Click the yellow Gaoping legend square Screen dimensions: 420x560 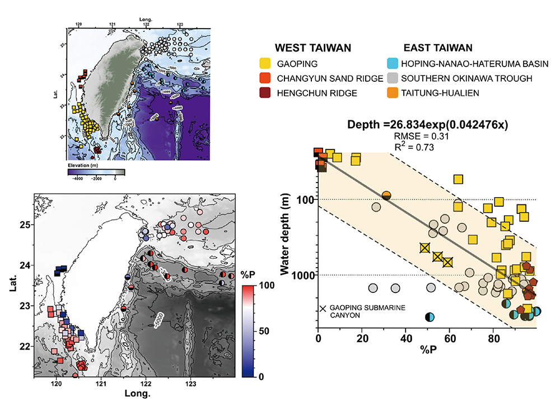279,64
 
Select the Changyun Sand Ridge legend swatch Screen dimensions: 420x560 279,78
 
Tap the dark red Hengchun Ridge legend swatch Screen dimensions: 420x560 279,93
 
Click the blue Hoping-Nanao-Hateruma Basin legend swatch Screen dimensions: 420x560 393,64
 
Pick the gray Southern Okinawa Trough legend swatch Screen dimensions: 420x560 393,78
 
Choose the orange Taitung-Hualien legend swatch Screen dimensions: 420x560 393,93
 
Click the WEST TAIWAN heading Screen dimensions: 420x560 312,48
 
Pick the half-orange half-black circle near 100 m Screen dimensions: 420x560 386,195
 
